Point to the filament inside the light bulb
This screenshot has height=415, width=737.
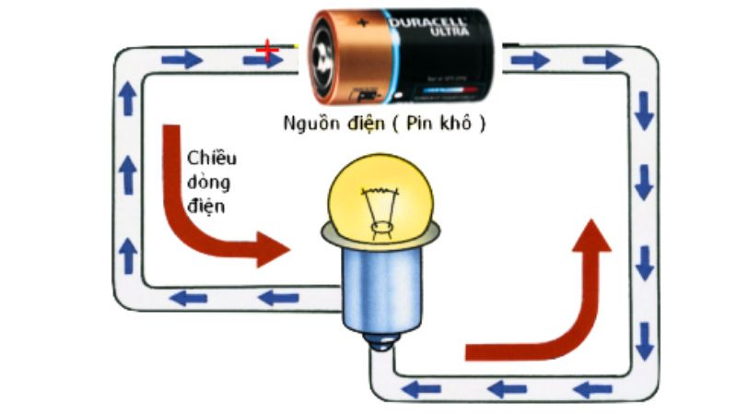377,207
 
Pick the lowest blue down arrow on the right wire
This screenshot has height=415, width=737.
644,343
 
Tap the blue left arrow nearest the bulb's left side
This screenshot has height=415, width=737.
277,297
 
